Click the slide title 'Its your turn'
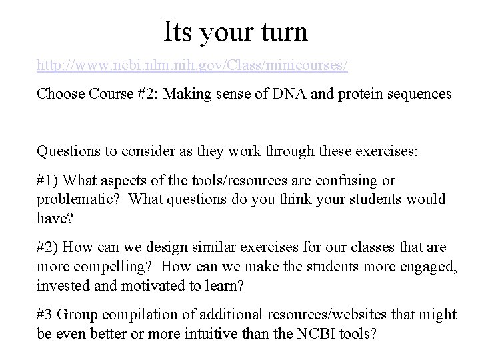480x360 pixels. coord(235,31)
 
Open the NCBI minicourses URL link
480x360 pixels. coord(193,67)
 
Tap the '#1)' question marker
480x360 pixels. coord(49,181)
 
